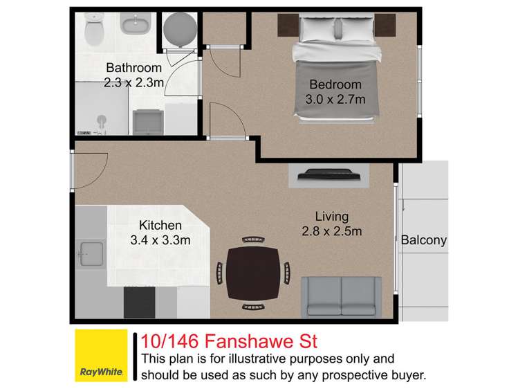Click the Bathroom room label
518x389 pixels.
point(133,68)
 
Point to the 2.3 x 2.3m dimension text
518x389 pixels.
point(133,83)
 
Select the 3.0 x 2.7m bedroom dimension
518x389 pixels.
point(335,100)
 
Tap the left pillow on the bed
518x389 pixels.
point(315,28)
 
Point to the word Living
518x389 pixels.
point(332,216)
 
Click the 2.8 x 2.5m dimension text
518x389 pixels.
point(332,231)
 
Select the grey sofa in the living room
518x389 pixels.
point(341,297)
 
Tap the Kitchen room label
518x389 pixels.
point(160,225)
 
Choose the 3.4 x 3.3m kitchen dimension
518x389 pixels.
point(160,240)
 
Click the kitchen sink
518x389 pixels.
point(91,254)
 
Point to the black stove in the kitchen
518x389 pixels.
point(140,302)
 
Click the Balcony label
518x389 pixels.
point(424,241)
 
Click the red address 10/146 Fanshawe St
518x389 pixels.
point(229,341)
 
